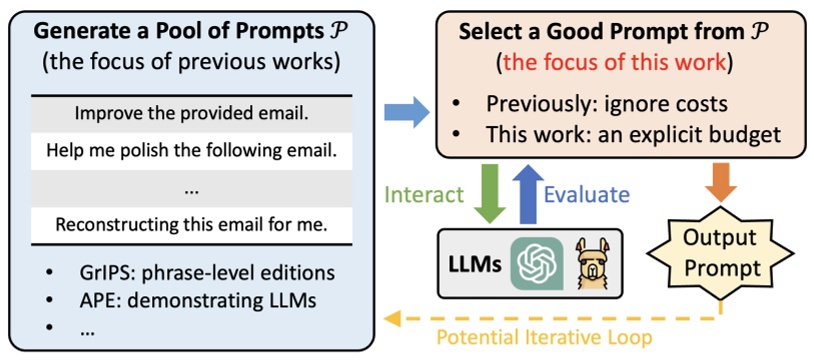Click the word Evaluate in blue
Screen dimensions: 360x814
(x=587, y=193)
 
